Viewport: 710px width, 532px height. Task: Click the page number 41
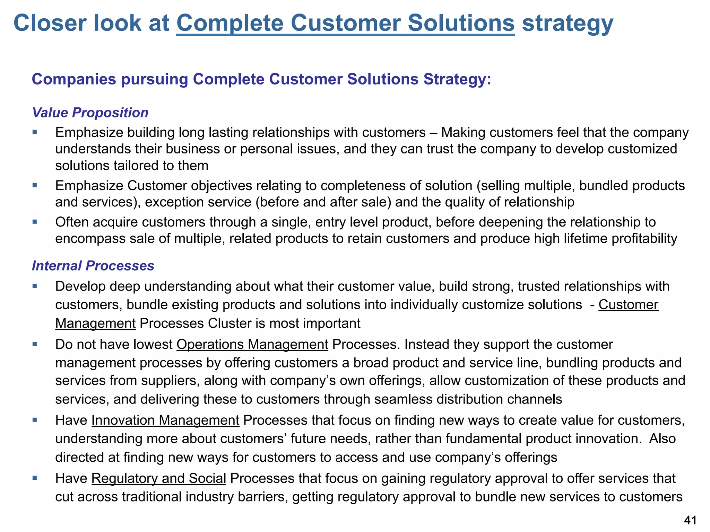coord(690,520)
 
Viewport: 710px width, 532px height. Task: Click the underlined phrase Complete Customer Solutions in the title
coord(345,23)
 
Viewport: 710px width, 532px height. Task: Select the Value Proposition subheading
coord(90,113)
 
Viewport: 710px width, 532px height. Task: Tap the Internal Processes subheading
coord(93,266)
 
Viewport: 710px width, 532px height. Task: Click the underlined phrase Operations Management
coord(252,344)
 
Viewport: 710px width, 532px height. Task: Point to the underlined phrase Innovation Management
coord(165,420)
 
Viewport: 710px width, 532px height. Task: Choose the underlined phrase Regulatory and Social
coord(158,478)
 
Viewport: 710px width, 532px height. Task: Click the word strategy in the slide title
coord(568,23)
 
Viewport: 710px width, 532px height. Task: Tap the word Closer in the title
coord(53,23)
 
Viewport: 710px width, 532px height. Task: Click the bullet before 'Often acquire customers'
coord(35,222)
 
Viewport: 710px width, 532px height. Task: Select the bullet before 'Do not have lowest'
coord(35,344)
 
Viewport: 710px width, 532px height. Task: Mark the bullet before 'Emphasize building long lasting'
coord(35,132)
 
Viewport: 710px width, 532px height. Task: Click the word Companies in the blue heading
coord(74,79)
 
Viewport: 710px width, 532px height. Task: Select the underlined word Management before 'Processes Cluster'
coord(95,323)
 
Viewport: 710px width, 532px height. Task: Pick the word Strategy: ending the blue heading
coord(457,79)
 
